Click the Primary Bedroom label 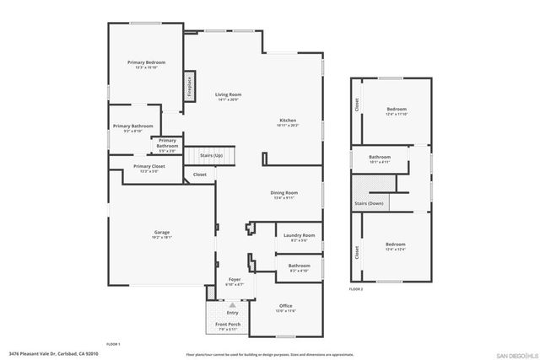pyautogui.click(x=146, y=63)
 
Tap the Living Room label pyautogui.click(x=228, y=94)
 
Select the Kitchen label pyautogui.click(x=288, y=121)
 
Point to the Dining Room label pyautogui.click(x=283, y=193)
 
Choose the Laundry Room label pyautogui.click(x=299, y=235)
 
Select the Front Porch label pyautogui.click(x=228, y=325)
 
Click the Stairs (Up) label pyautogui.click(x=211, y=156)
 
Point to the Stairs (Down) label pyautogui.click(x=369, y=203)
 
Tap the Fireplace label pyautogui.click(x=189, y=87)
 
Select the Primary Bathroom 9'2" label pyautogui.click(x=132, y=126)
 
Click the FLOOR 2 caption pyautogui.click(x=356, y=289)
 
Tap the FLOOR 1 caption pyautogui.click(x=113, y=344)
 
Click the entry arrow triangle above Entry pyautogui.click(x=232, y=304)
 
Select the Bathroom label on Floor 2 pyautogui.click(x=379, y=157)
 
